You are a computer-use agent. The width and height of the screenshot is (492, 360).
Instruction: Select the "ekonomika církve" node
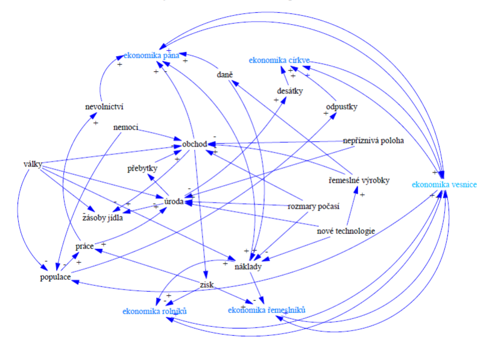tap(280, 60)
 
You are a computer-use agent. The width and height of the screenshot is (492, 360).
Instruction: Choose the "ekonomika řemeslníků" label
tap(266, 310)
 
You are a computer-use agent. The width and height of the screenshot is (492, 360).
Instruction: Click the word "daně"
tap(225, 75)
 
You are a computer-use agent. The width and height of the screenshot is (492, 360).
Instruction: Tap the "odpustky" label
tap(341, 107)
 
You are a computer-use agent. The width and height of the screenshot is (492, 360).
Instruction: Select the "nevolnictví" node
tap(104, 107)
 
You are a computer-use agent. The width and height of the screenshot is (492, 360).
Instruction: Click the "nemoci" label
tap(126, 127)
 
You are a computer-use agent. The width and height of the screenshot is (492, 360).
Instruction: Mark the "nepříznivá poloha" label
tap(373, 141)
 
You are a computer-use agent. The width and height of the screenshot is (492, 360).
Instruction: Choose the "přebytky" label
tap(142, 169)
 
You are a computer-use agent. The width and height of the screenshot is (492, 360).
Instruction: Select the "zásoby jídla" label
tap(102, 218)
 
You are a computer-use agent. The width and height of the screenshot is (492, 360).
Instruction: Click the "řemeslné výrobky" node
tap(359, 181)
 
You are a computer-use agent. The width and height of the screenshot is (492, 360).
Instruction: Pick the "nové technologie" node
tap(345, 231)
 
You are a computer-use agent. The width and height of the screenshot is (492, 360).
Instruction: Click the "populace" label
tap(52, 278)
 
